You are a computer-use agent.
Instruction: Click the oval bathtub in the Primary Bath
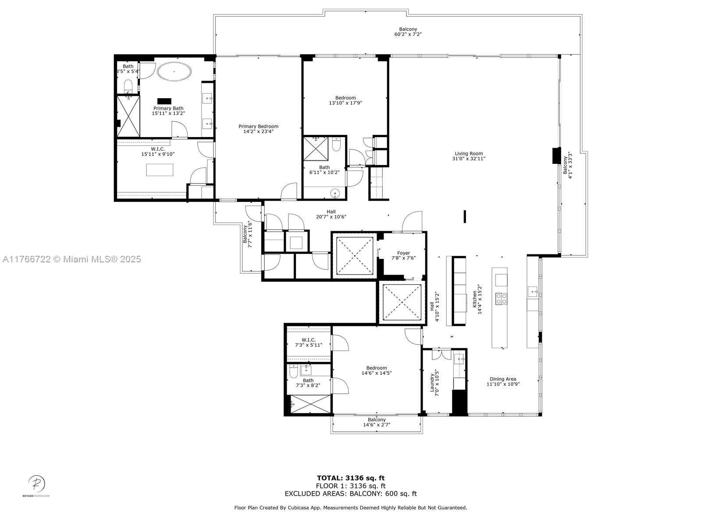(x=174, y=71)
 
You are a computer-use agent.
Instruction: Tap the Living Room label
(x=469, y=154)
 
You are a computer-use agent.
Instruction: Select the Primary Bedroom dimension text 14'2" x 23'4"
(x=258, y=131)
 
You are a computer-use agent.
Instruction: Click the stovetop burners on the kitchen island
(x=501, y=299)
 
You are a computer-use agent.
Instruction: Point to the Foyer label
(x=403, y=253)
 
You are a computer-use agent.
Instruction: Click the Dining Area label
(x=503, y=379)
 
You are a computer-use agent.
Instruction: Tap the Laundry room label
(x=432, y=383)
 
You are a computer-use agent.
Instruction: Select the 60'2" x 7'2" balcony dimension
(x=408, y=34)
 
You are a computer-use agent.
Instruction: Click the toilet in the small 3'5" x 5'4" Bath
(x=128, y=85)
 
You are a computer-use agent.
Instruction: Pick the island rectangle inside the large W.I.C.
(x=160, y=169)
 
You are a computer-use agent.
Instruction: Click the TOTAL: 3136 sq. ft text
(x=351, y=478)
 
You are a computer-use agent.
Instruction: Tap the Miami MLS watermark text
(x=71, y=259)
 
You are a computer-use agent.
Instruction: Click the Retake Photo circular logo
(x=36, y=484)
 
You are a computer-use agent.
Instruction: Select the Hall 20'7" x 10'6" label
(x=331, y=214)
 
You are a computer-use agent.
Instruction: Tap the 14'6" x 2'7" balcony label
(x=377, y=422)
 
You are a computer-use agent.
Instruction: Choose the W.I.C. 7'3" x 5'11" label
(x=309, y=342)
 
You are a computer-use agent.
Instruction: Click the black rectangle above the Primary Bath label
(x=164, y=101)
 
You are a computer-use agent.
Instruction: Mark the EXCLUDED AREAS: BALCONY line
(x=351, y=494)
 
